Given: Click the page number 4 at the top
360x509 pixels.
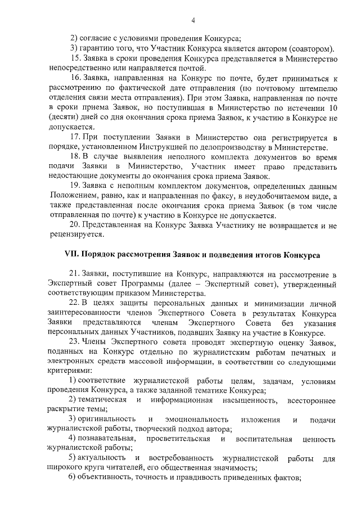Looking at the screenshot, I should (x=193, y=21).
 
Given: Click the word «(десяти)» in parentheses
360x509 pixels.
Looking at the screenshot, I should (x=63, y=118).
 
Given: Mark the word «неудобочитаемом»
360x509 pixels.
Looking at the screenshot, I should (x=272, y=196).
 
